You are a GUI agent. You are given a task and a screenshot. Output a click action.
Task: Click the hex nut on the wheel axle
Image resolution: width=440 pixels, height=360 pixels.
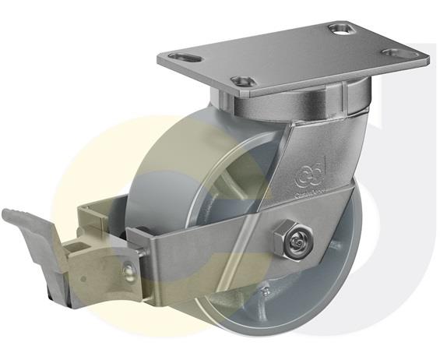(294, 242)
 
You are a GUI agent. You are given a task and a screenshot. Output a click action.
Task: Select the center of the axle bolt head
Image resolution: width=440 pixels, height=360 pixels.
(294, 243)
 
